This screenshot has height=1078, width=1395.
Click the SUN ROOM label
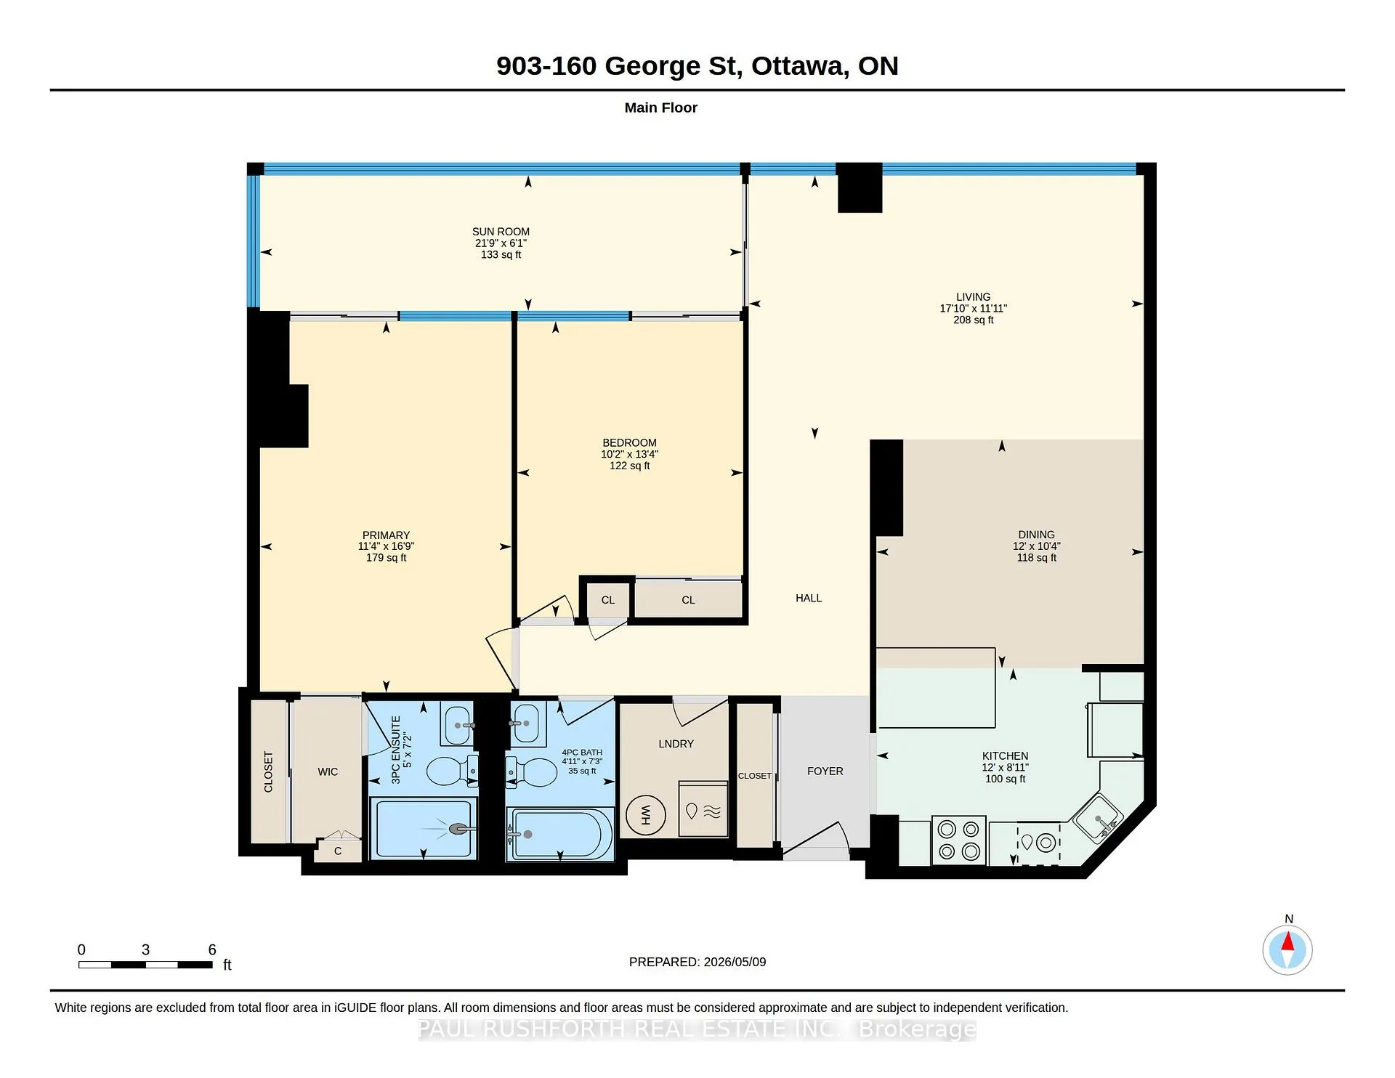click(501, 232)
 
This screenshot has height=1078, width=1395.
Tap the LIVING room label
click(973, 296)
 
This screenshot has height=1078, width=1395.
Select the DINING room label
click(1036, 535)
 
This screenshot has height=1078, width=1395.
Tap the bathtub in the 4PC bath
click(559, 834)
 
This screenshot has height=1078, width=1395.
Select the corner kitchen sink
click(1099, 818)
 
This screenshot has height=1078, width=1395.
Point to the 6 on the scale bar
click(212, 949)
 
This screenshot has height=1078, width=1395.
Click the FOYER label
click(825, 771)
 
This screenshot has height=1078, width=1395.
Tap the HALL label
click(809, 598)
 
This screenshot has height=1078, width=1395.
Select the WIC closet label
click(328, 771)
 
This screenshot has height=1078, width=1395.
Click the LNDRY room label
click(676, 744)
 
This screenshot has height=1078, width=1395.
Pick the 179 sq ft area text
click(386, 558)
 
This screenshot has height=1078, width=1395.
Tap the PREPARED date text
click(697, 962)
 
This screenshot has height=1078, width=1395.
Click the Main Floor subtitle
click(661, 108)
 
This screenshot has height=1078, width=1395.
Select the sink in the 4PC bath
click(528, 724)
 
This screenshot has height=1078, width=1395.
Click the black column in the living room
click(860, 187)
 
